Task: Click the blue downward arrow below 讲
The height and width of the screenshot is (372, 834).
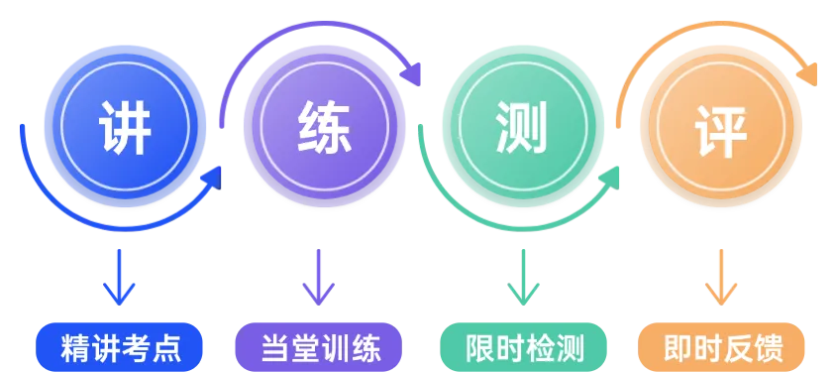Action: [121, 279]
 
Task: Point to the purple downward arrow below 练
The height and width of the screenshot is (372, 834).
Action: [319, 279]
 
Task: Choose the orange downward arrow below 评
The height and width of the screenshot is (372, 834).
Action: [721, 279]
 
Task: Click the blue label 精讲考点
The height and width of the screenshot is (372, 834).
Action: [121, 348]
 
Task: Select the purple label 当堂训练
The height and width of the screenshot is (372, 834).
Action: [319, 348]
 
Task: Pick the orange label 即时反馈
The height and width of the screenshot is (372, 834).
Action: [722, 348]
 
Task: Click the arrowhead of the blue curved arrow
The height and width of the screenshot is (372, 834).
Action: [211, 179]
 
